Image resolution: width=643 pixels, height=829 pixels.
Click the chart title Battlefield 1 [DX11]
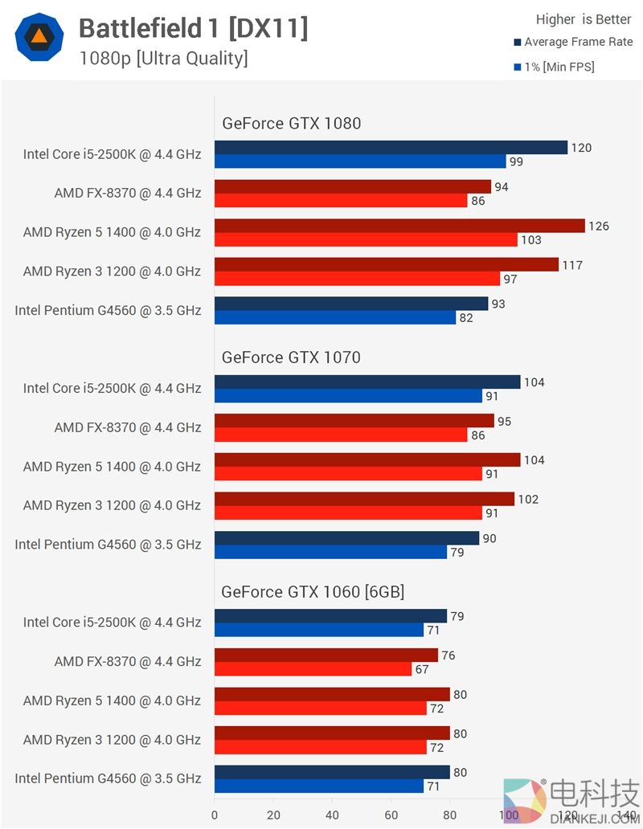click(x=193, y=30)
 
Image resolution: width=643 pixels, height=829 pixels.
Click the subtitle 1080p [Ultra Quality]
click(x=163, y=59)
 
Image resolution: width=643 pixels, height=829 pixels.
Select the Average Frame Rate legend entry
click(x=578, y=43)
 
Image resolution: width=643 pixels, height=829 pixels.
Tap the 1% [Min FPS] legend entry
click(x=559, y=67)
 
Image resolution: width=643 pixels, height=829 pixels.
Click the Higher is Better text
click(x=584, y=19)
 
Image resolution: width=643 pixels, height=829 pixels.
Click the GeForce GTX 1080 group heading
click(x=291, y=124)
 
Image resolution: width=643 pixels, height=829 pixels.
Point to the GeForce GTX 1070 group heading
click(x=291, y=357)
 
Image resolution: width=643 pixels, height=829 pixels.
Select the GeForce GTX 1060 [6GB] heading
click(x=313, y=592)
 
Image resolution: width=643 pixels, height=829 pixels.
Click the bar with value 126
click(x=399, y=226)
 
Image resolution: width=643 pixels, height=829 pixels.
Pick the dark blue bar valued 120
click(x=391, y=148)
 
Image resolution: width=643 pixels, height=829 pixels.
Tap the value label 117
click(x=572, y=265)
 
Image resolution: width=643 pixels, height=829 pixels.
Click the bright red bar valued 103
click(x=366, y=239)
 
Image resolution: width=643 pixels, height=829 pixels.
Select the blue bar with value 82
click(x=335, y=317)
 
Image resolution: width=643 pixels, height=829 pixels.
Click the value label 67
click(x=422, y=669)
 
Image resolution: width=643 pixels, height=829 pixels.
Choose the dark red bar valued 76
click(x=326, y=655)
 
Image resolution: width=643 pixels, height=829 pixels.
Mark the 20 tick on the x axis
click(x=273, y=815)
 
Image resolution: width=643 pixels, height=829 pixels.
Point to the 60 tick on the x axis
click(x=391, y=815)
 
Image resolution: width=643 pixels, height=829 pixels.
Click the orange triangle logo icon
click(x=39, y=38)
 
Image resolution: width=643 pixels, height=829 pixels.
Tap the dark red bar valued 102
click(x=364, y=499)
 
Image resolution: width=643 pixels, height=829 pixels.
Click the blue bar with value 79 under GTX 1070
click(x=330, y=552)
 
